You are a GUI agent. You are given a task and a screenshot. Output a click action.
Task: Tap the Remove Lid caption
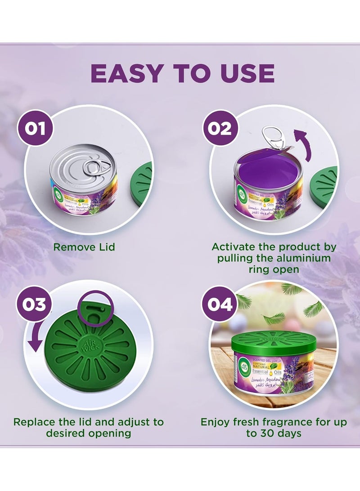coord(84,247)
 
